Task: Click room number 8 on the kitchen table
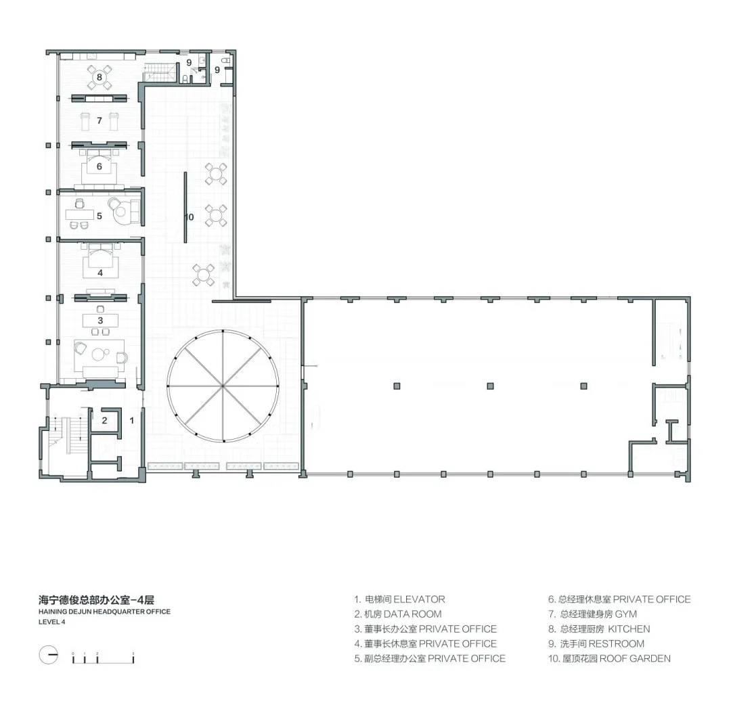pos(99,77)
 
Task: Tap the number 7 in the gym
pos(99,120)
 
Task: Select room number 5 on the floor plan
pos(99,216)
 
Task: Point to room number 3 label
pos(100,321)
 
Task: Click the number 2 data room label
pos(104,421)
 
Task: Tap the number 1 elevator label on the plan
pos(131,421)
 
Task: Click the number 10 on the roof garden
pos(189,217)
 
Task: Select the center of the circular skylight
pos(223,386)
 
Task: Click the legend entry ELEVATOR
pos(419,599)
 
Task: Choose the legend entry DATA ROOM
pos(413,614)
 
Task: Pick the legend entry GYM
pos(625,614)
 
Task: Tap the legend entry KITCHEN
pos(629,629)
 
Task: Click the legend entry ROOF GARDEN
pos(635,658)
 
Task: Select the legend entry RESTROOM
pos(617,644)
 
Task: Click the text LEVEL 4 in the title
pos(51,622)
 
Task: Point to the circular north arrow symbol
pos(49,656)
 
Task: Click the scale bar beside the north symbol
pos(103,658)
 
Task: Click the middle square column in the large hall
pos(490,386)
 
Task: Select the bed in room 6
pos(99,168)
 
